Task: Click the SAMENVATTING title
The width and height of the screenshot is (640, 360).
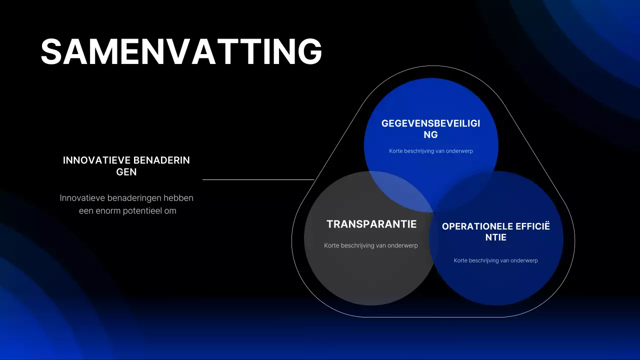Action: pos(181,51)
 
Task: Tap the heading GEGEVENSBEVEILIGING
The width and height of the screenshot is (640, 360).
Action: pos(430,123)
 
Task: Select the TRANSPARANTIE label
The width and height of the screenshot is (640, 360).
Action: pos(371,224)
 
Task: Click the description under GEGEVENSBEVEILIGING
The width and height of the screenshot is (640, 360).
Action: pos(431,151)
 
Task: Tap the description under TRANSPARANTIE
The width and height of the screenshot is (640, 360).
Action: pos(371,245)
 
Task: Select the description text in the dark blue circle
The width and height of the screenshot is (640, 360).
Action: pos(495,260)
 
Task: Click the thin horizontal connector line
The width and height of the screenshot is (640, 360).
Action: pos(258,179)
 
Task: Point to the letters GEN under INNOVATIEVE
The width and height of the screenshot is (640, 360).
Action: pos(126,172)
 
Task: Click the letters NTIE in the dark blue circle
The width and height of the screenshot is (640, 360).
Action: pos(495,237)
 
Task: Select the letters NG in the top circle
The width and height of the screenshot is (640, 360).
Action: pos(430,134)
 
